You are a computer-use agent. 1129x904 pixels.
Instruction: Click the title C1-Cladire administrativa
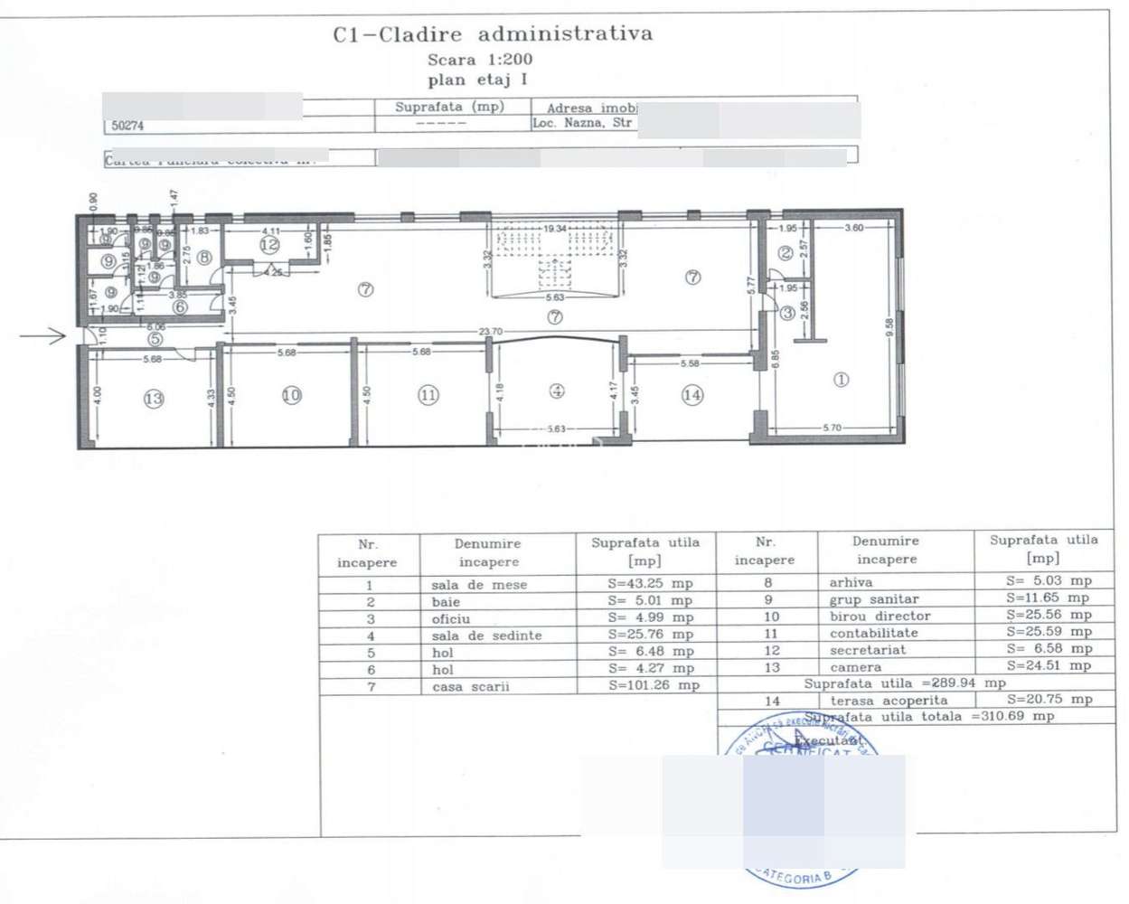(x=493, y=35)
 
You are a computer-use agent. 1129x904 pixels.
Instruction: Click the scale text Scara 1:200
(x=480, y=60)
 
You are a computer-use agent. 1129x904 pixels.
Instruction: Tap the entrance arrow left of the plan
(x=43, y=336)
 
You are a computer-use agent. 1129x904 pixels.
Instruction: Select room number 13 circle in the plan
(x=154, y=398)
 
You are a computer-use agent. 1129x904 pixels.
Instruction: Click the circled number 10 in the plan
(x=291, y=395)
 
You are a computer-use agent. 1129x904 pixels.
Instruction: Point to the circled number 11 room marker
(x=428, y=395)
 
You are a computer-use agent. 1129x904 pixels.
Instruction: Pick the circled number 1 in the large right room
(x=841, y=380)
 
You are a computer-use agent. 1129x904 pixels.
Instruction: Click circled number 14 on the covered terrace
(x=692, y=394)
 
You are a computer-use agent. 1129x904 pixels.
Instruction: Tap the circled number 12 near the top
(x=269, y=244)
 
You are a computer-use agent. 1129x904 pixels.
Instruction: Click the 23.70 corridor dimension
(x=491, y=332)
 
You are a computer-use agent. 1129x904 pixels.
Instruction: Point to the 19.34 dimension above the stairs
(x=555, y=229)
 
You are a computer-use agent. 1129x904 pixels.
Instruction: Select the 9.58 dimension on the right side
(x=889, y=327)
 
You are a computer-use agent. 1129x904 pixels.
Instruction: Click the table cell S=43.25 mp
(x=650, y=584)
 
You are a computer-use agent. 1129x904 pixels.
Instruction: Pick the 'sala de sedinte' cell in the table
(x=486, y=636)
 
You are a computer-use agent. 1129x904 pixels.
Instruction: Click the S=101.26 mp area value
(x=654, y=685)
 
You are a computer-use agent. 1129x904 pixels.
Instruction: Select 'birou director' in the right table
(x=880, y=616)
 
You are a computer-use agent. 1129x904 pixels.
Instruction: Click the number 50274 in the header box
(x=127, y=126)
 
